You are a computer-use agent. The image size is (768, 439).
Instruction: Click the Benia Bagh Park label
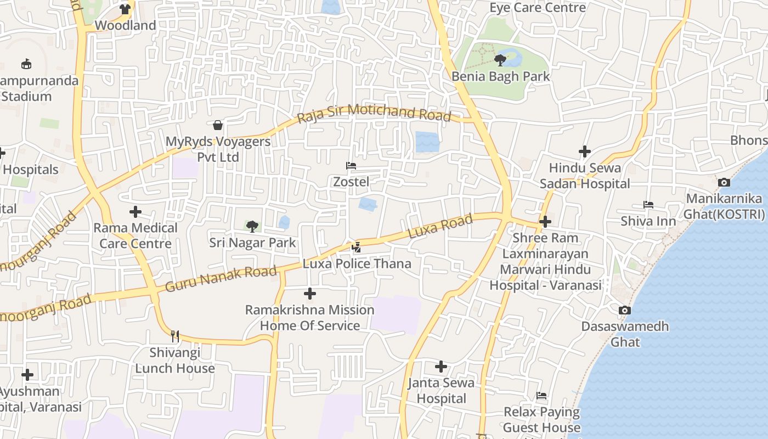(x=500, y=76)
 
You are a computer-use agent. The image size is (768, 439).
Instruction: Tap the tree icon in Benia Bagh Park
(x=500, y=60)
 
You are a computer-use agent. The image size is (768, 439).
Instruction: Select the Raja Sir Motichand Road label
(x=374, y=112)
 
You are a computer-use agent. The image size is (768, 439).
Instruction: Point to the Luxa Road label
(x=440, y=227)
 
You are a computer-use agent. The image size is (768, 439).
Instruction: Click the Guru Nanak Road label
(x=221, y=279)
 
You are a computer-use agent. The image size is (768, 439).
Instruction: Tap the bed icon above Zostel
(x=351, y=165)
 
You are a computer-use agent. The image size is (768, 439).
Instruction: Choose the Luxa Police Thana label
(x=357, y=264)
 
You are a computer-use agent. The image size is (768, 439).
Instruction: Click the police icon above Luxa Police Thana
(x=357, y=247)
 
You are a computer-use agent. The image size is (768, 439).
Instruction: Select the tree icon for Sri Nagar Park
(x=252, y=226)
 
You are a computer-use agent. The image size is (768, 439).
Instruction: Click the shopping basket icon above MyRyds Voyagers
(x=218, y=125)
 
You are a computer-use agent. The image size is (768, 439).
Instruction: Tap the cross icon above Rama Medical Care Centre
(x=135, y=211)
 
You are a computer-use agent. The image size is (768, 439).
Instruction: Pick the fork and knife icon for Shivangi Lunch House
(x=175, y=335)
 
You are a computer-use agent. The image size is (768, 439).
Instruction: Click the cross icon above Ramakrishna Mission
(x=310, y=294)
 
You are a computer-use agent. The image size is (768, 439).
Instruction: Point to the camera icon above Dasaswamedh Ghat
(x=624, y=310)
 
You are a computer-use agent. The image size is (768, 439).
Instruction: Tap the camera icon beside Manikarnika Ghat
(x=724, y=182)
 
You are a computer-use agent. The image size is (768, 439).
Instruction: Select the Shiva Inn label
(x=648, y=221)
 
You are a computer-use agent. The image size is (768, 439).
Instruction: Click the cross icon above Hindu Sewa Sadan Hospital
(x=585, y=151)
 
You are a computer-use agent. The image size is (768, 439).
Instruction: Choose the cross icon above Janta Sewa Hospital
(x=441, y=367)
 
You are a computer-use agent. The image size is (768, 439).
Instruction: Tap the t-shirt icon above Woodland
(x=125, y=9)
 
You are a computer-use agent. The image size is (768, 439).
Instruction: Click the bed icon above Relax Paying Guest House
(x=541, y=396)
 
